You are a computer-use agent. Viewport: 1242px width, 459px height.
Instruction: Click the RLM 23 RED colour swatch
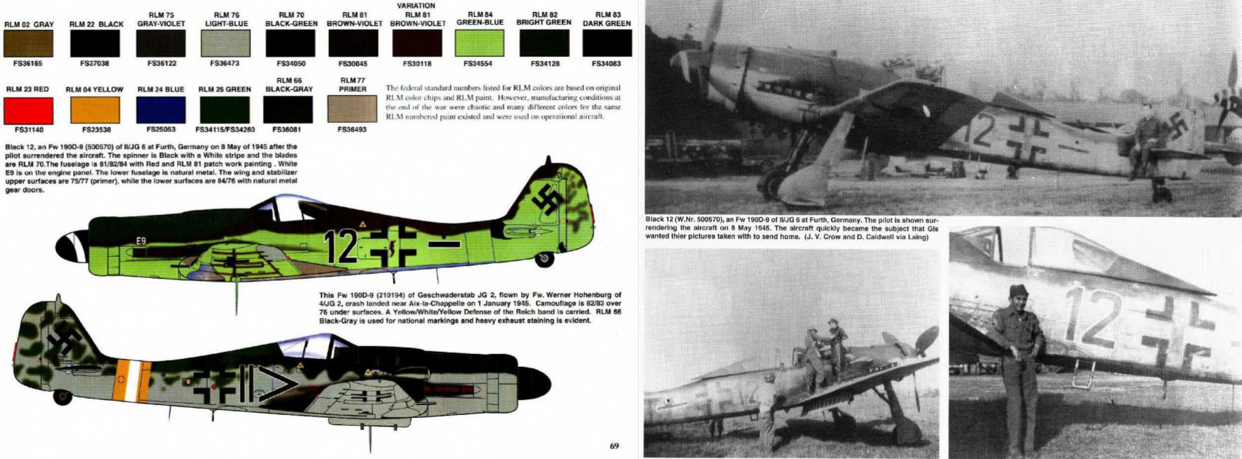click(28, 110)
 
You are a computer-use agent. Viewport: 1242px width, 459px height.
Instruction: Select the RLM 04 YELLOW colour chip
click(94, 110)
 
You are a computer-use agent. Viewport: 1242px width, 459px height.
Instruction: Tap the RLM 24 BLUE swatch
click(160, 110)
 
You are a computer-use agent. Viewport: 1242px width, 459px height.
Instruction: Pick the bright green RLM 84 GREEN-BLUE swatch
click(480, 43)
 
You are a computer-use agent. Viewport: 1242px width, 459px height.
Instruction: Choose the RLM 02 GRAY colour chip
click(28, 43)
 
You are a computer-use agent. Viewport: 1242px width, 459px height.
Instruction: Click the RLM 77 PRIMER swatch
click(352, 109)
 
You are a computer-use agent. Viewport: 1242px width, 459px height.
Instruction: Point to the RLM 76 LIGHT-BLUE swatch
click(222, 43)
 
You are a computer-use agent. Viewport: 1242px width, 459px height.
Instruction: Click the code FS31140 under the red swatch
click(28, 130)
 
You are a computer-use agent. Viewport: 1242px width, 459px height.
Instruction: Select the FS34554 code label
click(480, 64)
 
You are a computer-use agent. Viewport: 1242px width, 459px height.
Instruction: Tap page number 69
click(614, 446)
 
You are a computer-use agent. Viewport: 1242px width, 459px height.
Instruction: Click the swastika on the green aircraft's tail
click(550, 200)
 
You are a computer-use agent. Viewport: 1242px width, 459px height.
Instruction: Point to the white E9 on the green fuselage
click(141, 241)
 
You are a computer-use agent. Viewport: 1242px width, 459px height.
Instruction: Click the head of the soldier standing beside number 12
click(1019, 293)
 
